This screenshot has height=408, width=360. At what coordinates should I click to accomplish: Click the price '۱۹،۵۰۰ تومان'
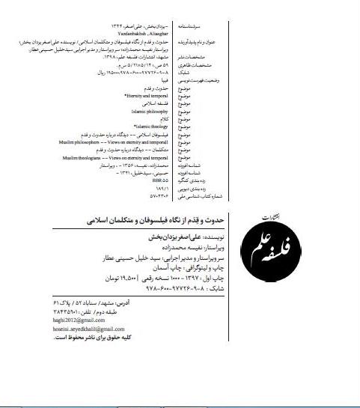point(97,277)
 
